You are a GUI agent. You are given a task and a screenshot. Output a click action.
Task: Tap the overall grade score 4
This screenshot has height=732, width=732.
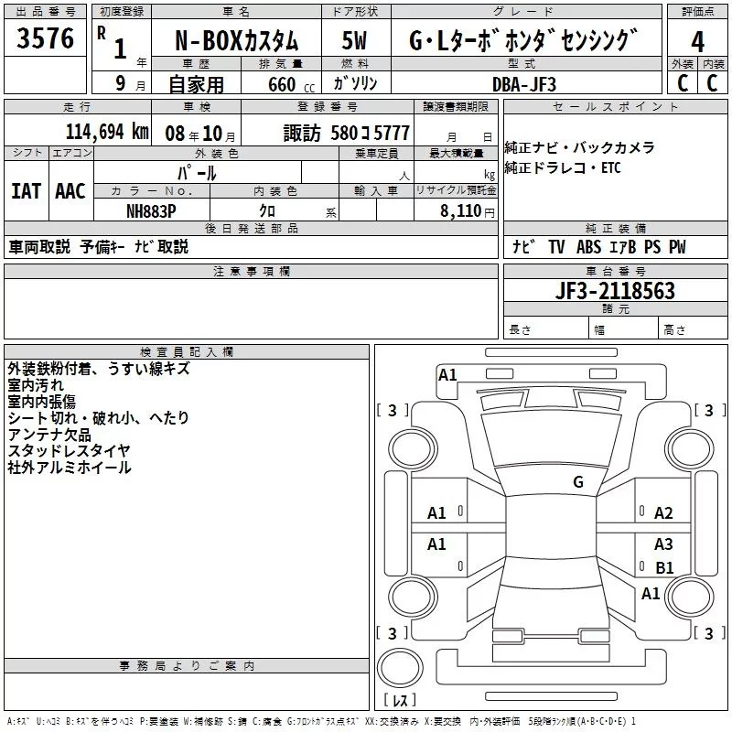(697, 41)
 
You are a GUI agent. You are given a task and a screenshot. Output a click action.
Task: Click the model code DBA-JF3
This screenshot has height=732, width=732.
(523, 84)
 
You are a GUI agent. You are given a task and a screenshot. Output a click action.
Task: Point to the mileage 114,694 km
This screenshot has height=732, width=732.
(106, 132)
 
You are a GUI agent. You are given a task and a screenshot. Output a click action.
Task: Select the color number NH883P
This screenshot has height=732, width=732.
(151, 210)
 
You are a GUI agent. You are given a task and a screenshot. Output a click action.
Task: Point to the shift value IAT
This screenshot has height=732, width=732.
(26, 191)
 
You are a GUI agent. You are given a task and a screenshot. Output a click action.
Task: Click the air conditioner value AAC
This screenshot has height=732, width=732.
(70, 191)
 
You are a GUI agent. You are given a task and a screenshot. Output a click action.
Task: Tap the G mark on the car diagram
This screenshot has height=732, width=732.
(577, 482)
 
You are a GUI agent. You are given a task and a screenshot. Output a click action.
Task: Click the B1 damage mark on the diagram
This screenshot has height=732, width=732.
(664, 568)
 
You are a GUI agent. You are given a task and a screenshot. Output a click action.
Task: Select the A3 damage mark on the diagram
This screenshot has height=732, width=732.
(663, 544)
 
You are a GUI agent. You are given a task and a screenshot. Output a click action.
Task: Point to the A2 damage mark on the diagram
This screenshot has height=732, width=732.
(663, 513)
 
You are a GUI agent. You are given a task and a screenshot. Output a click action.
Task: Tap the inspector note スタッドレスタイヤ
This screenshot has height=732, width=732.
(69, 450)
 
